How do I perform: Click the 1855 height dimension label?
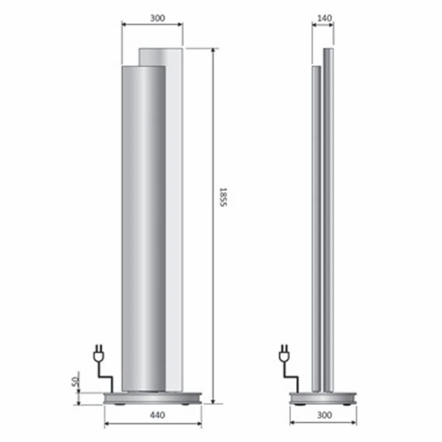(222, 197)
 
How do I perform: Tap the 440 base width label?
(158, 415)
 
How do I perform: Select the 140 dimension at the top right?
(324, 18)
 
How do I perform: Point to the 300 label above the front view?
(157, 18)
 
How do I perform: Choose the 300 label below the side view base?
(324, 415)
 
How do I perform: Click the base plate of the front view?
(153, 398)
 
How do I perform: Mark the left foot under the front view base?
(119, 404)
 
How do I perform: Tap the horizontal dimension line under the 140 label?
(323, 25)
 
